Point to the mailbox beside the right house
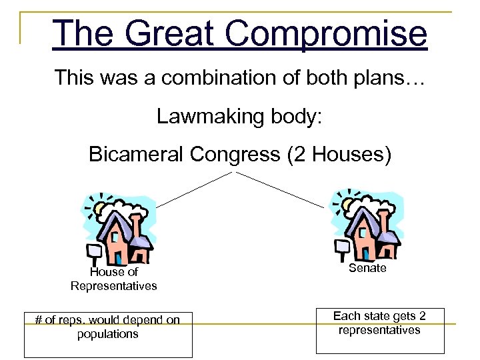tap(342, 246)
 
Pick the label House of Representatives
tap(114, 279)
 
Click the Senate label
tap(367, 267)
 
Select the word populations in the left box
tap(108, 334)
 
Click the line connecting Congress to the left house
tap(193, 189)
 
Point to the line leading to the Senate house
tap(280, 189)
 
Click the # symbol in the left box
tap(39, 319)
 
